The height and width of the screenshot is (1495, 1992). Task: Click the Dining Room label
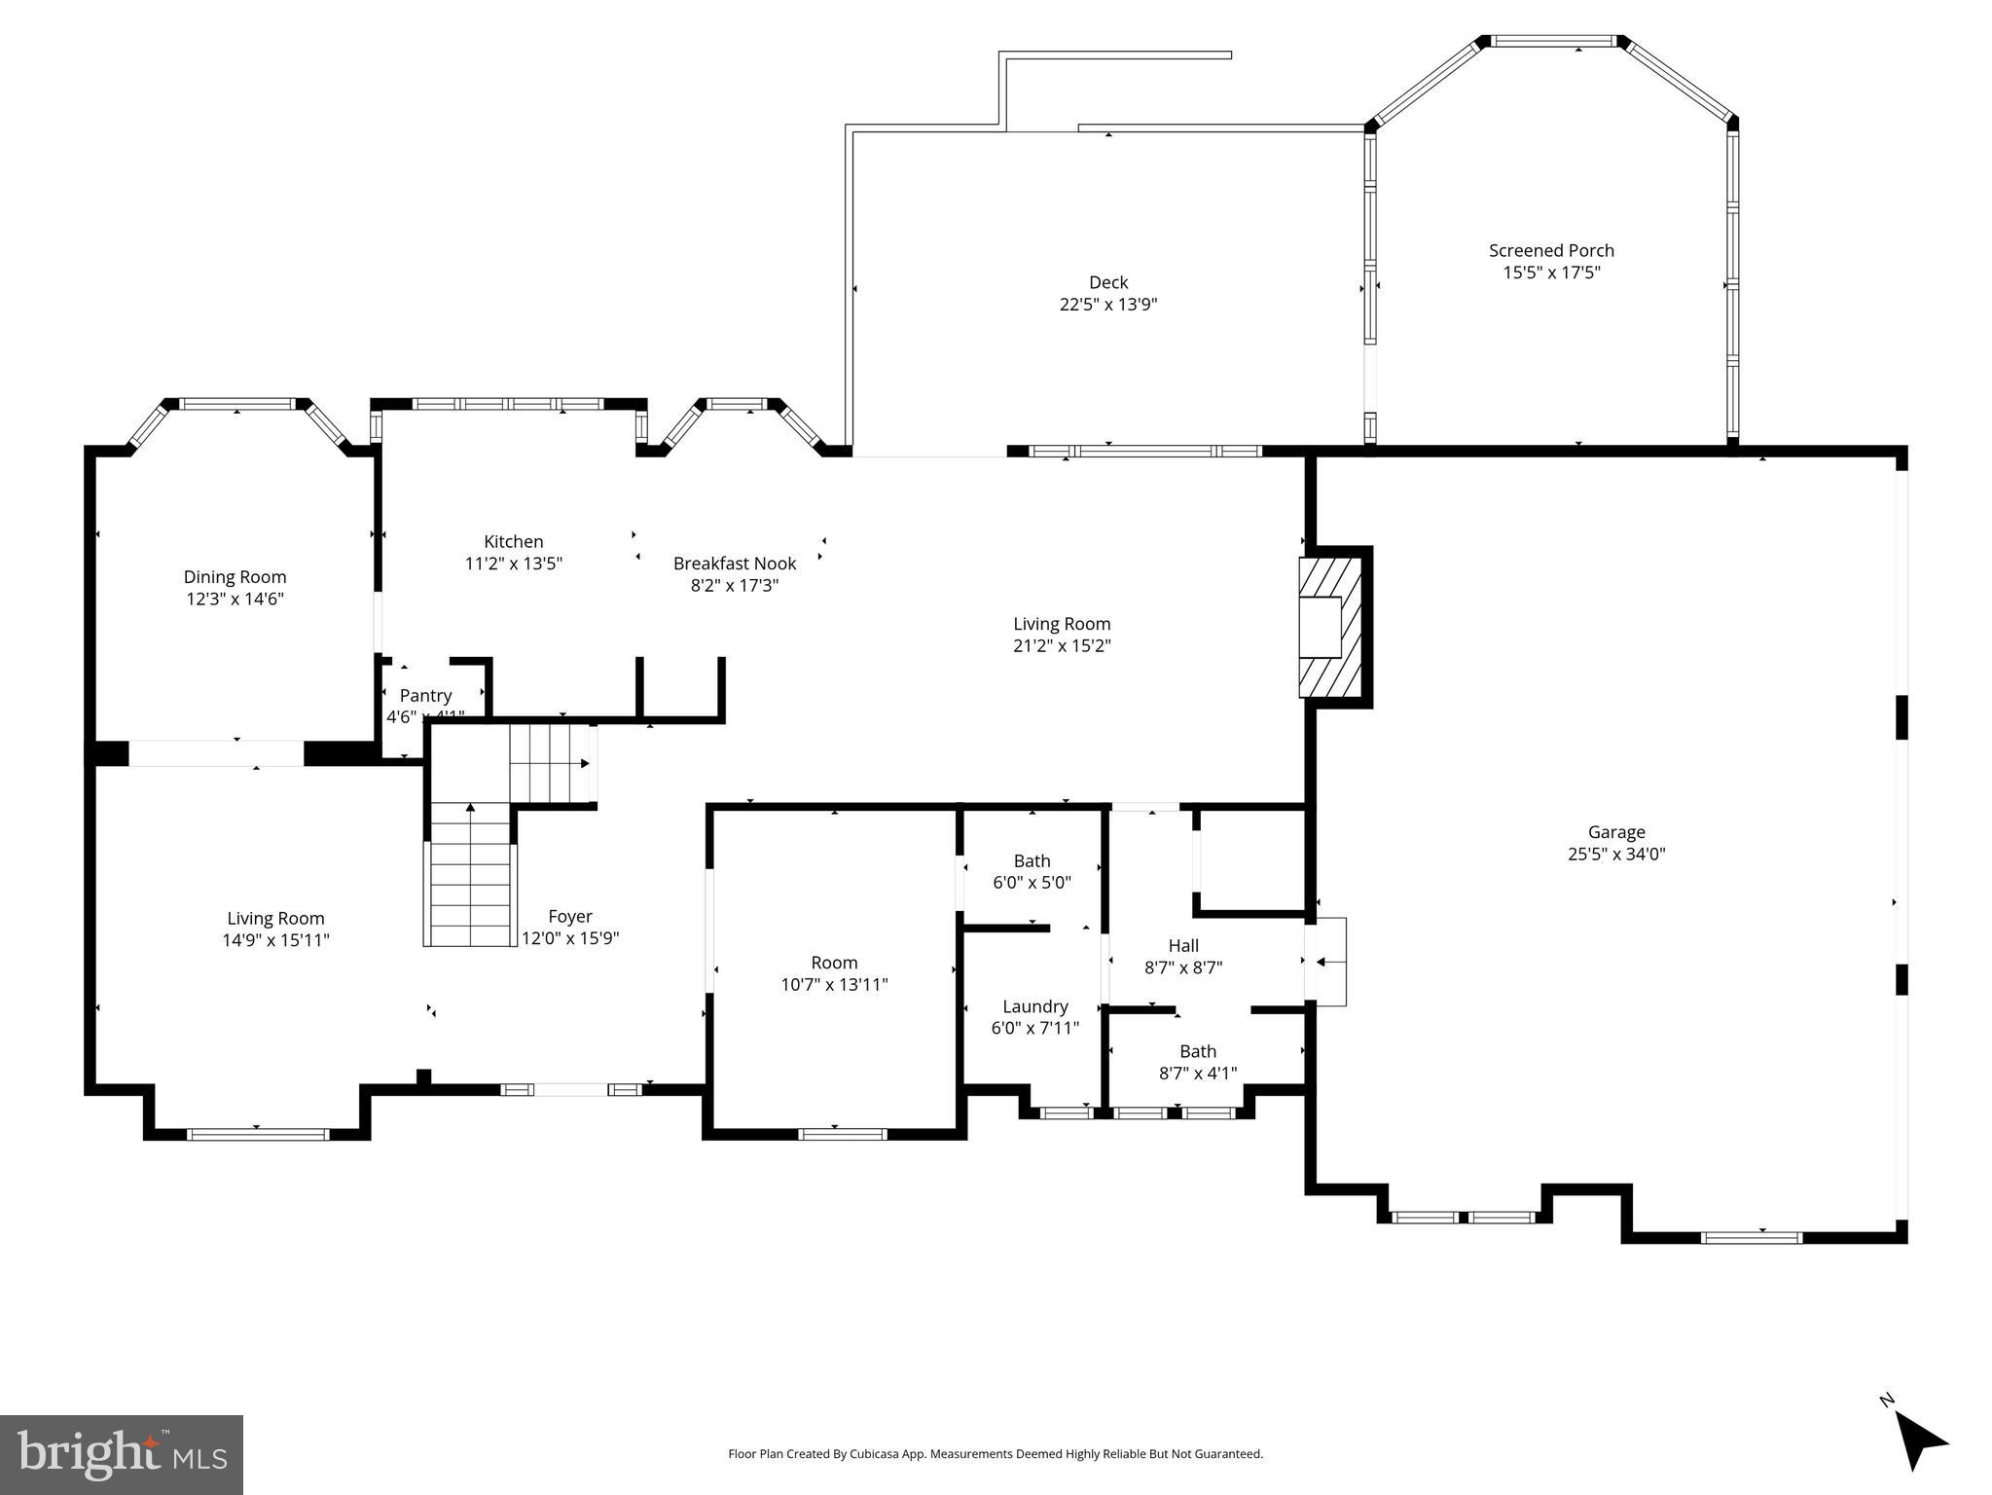coord(235,577)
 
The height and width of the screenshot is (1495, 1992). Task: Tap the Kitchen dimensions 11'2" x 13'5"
coord(514,564)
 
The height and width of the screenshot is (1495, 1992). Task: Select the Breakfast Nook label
coord(735,564)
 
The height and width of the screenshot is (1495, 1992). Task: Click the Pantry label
coord(425,696)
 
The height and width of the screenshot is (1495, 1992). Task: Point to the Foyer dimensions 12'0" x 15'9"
coord(570,938)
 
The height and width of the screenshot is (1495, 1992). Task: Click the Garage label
coord(1616,832)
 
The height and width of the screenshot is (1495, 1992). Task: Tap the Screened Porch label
coord(1551,250)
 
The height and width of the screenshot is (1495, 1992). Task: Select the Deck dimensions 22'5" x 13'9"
coord(1107,305)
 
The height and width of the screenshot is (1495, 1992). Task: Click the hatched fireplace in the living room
coord(1329,626)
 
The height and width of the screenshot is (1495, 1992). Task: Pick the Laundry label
coord(1035,1006)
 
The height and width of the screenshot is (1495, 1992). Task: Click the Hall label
coord(1183,945)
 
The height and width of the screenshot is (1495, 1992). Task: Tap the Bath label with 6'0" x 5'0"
coord(1032,860)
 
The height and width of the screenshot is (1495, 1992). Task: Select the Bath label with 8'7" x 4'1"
coord(1198,1051)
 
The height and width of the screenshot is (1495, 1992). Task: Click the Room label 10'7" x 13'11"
coord(834,963)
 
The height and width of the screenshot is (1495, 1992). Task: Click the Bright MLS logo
coord(122,1455)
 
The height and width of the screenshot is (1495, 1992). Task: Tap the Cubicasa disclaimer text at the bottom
coord(996,1454)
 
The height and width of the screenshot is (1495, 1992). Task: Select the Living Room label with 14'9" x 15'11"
coord(275,918)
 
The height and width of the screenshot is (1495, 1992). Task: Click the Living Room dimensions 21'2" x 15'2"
coord(1062,645)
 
